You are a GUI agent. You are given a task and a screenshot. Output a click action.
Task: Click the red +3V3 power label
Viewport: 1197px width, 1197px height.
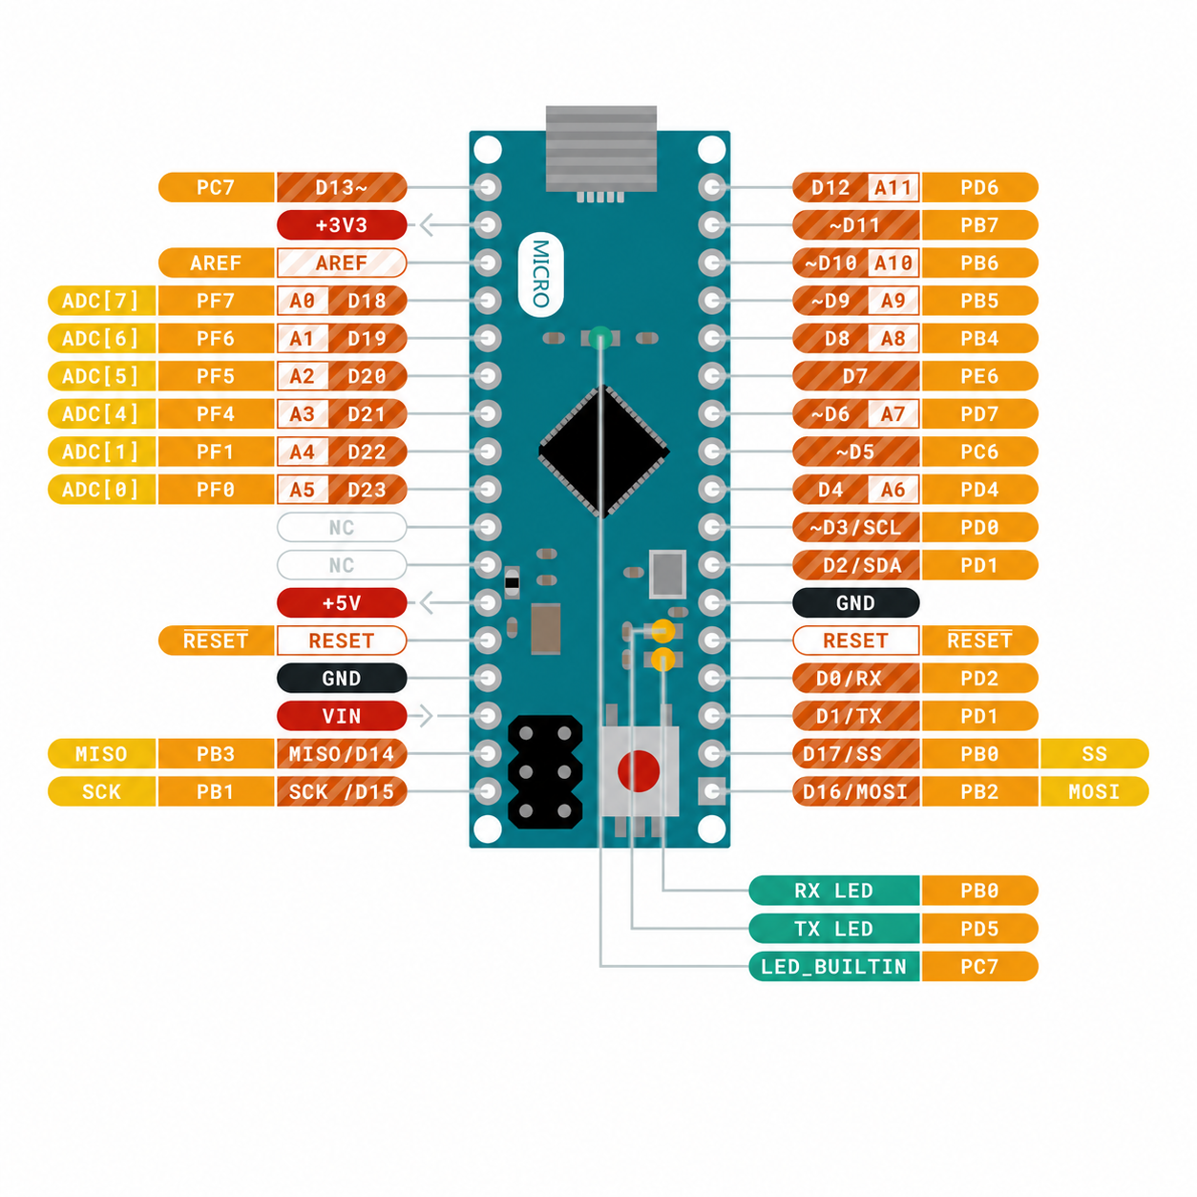tap(341, 225)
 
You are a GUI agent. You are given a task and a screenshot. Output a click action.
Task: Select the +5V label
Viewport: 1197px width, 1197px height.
tap(341, 602)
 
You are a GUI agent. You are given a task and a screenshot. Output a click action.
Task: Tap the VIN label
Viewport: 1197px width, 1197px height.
tap(341, 716)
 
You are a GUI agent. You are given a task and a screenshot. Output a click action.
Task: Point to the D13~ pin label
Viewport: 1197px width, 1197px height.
tap(341, 187)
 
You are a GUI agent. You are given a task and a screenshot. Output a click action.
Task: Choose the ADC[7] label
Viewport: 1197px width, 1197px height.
tap(101, 301)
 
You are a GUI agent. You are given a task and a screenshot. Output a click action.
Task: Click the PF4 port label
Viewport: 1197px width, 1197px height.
tap(216, 413)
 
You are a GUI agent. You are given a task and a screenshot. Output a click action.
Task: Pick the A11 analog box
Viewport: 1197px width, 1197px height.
tap(892, 187)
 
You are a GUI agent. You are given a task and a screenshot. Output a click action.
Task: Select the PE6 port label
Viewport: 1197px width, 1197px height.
tap(979, 376)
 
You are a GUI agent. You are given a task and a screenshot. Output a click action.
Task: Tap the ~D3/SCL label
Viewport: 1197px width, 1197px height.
tap(855, 527)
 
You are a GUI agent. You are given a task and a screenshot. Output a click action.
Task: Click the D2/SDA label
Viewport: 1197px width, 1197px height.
tap(855, 565)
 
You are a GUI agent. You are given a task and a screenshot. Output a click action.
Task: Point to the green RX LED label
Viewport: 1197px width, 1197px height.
tap(833, 891)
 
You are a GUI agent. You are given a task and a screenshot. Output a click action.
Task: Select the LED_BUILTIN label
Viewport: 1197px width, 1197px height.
tap(833, 966)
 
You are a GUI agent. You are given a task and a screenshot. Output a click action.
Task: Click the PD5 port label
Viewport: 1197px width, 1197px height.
tap(979, 928)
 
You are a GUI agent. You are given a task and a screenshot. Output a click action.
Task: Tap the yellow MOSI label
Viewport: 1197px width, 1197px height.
tap(1094, 791)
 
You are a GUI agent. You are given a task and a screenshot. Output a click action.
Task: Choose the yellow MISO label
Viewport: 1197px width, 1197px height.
tap(101, 753)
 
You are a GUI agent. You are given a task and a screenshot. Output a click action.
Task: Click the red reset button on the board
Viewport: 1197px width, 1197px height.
tap(639, 771)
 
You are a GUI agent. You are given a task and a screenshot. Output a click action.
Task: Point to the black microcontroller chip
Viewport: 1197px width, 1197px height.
tap(603, 451)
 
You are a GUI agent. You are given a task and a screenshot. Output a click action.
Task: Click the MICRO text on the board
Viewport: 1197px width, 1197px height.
tap(540, 274)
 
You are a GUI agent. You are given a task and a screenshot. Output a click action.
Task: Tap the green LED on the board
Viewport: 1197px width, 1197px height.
tap(600, 338)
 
